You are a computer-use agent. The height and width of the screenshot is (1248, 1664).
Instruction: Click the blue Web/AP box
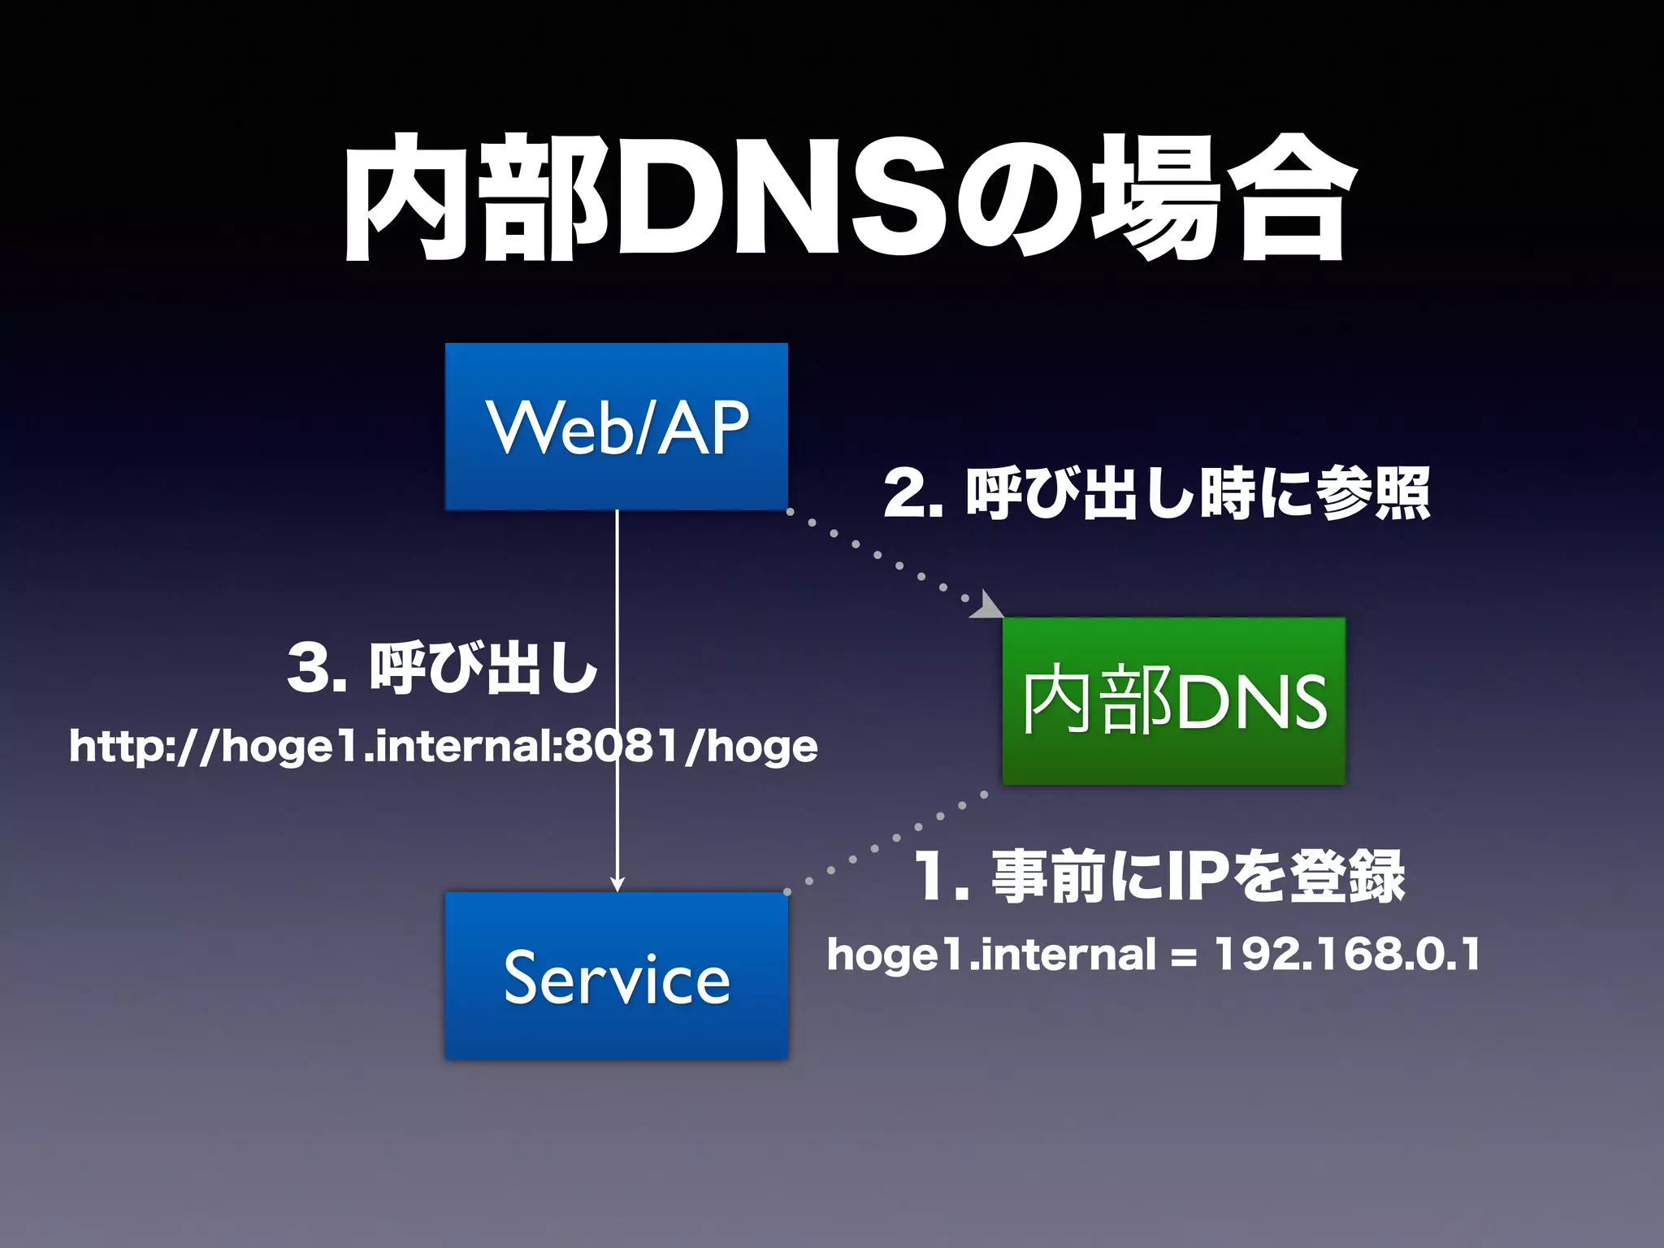coord(616,427)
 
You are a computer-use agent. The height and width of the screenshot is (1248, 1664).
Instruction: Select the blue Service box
coord(616,976)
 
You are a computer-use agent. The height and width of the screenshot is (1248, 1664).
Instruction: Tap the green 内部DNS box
coord(1173,701)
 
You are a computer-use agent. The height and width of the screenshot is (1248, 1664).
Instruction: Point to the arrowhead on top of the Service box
coord(617,884)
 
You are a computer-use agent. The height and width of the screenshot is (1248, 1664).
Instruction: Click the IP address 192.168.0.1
coord(1346,954)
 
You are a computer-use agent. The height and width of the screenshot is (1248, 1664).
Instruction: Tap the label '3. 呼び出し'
coord(443,669)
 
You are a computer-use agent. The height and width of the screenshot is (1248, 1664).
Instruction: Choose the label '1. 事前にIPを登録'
coord(1159,877)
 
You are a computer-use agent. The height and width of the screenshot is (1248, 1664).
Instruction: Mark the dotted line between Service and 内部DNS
coord(886,843)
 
